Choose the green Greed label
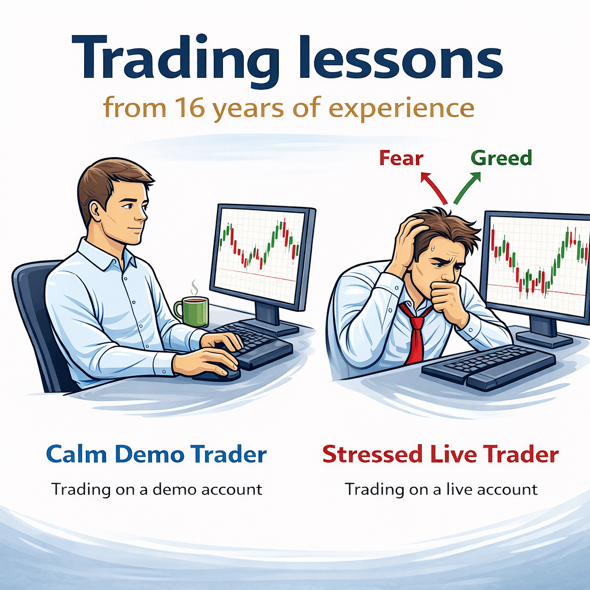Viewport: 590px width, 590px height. pos(501,158)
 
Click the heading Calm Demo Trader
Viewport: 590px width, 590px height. pos(156,455)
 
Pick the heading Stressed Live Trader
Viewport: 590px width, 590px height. pos(440,455)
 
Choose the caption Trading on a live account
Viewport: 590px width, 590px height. pos(441,489)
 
